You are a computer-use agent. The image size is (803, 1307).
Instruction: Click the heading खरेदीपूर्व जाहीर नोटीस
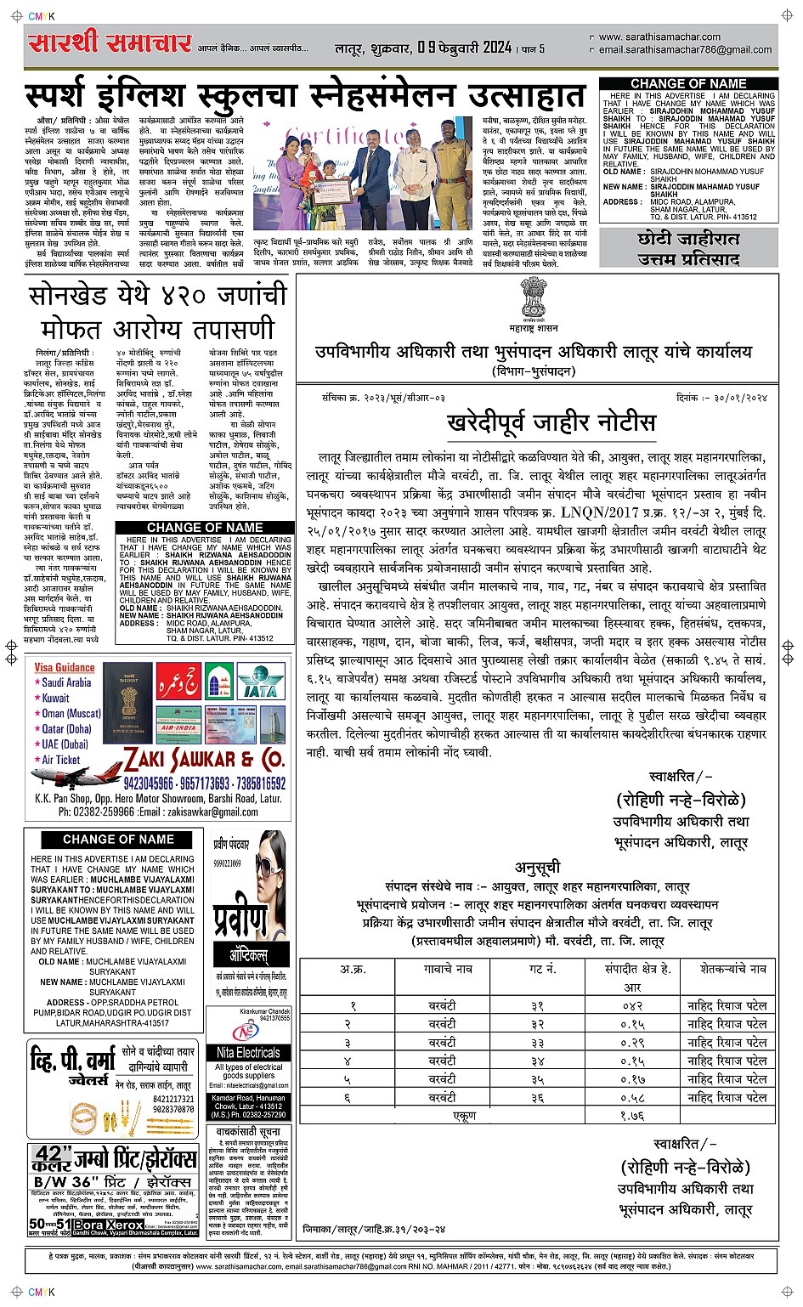click(551, 422)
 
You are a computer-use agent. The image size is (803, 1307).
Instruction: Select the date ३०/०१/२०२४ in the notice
click(737, 397)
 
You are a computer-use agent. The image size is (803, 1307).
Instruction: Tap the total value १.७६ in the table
click(631, 1116)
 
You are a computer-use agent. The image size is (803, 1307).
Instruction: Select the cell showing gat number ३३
click(537, 1043)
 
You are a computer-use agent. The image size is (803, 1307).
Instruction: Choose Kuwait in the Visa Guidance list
click(55, 698)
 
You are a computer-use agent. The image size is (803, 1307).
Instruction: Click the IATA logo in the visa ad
click(259, 688)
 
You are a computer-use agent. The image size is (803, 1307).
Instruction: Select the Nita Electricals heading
click(247, 1052)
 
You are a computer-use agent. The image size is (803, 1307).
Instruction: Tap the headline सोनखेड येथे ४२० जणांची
click(151, 297)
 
